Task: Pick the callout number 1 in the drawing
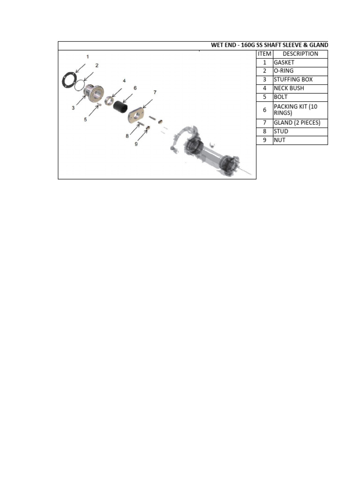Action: point(87,56)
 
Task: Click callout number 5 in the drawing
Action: point(85,120)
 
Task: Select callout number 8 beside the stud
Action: point(127,136)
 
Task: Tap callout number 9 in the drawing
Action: point(136,144)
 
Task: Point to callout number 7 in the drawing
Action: point(155,92)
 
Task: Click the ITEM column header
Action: point(264,54)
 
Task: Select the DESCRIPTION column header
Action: point(300,54)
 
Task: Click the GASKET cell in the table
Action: point(284,62)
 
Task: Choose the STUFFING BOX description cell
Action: point(293,80)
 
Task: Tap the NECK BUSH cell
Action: point(289,88)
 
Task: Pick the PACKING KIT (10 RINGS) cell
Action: point(295,110)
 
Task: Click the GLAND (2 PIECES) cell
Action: point(297,123)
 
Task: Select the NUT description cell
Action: point(280,140)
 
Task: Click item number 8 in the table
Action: point(264,131)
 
